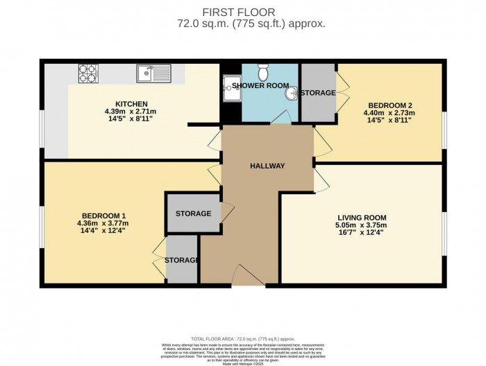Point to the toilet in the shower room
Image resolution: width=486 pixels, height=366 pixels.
coord(262,71)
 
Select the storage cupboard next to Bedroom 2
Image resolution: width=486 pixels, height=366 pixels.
coord(317,93)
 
